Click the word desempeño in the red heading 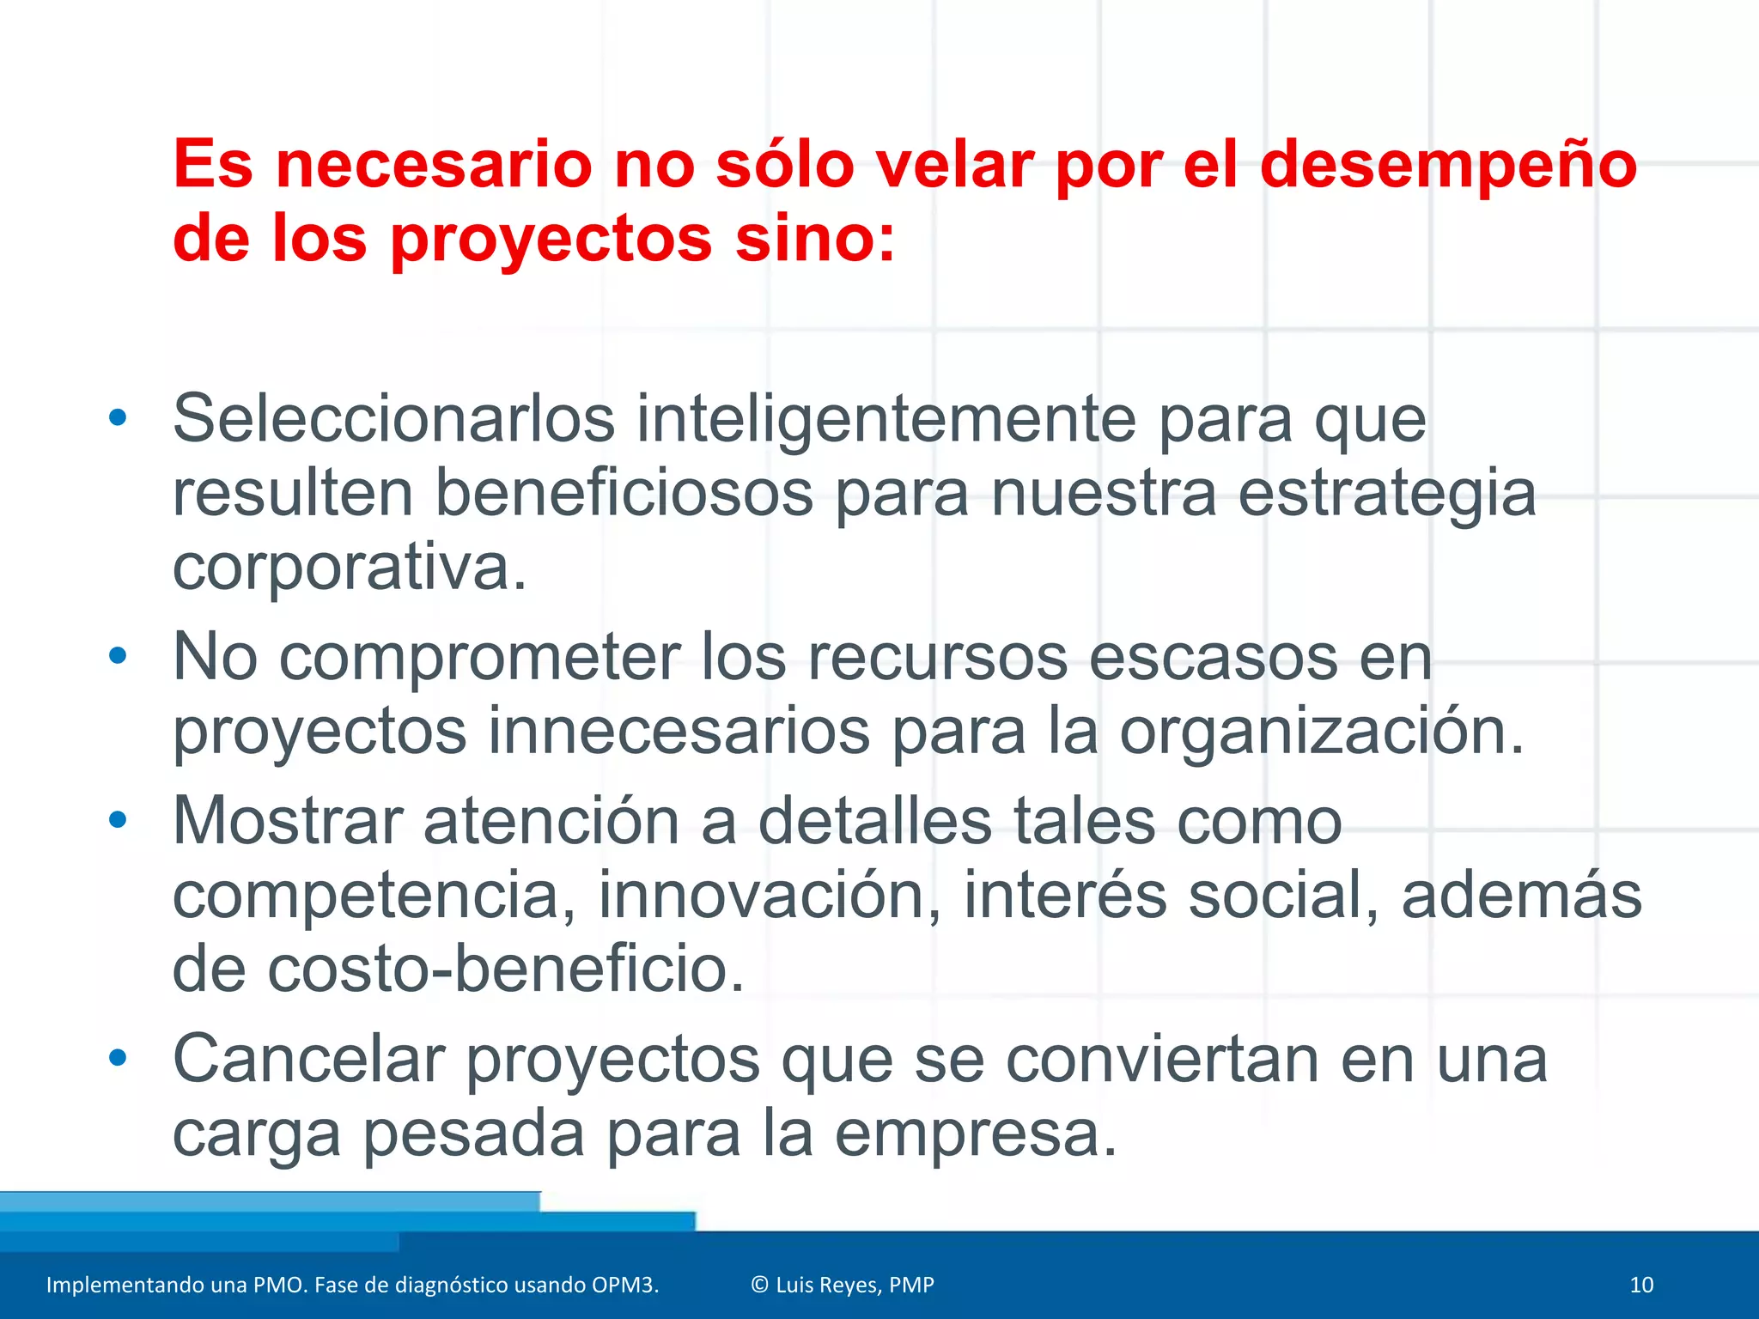[1448, 165]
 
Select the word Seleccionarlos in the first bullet [394, 419]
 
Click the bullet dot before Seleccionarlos [118, 418]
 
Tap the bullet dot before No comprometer [118, 656]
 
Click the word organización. [1322, 732]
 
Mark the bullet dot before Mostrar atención [118, 820]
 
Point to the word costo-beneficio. [506, 969]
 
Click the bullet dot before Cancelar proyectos [118, 1057]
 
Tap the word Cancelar [308, 1059]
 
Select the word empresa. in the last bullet [976, 1133]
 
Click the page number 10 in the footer [1641, 1285]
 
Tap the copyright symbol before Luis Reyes [759, 1285]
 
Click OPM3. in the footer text [624, 1285]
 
